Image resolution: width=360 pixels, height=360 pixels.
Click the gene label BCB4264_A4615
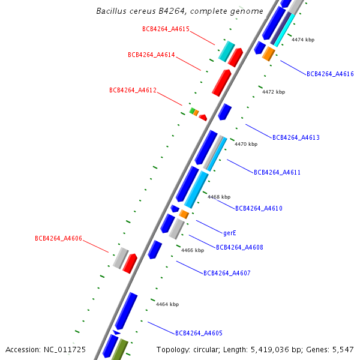(166, 29)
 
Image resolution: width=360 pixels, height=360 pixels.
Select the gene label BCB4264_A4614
(151, 55)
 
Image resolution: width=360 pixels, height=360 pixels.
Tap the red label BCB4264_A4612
(133, 90)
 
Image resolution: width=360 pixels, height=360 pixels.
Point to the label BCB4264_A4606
(58, 238)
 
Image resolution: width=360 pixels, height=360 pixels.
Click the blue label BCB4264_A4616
(330, 74)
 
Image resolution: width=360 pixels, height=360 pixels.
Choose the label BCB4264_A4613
(296, 138)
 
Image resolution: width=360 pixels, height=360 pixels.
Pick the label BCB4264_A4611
(277, 172)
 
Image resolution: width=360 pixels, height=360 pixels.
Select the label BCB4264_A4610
(259, 209)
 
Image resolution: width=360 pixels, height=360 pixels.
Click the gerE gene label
(230, 233)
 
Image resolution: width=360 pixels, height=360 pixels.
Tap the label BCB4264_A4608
(239, 247)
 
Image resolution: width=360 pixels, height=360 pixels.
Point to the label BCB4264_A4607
(227, 273)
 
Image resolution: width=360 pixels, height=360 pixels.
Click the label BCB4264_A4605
(199, 333)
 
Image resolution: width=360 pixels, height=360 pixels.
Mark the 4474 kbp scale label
(303, 40)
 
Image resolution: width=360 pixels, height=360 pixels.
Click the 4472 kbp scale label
(274, 92)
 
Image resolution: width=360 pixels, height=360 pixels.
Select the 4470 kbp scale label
(246, 144)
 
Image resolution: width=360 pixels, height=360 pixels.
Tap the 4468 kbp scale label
(219, 197)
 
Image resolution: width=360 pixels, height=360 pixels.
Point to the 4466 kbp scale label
(193, 250)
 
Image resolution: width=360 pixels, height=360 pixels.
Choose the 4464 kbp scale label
(167, 304)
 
